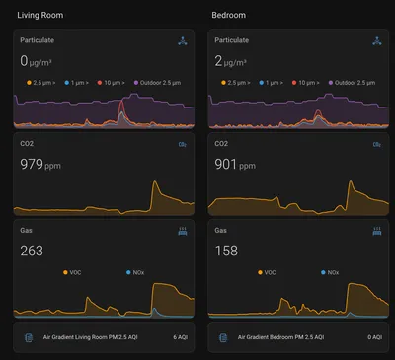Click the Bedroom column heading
pyautogui.click(x=229, y=15)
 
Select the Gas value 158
pyautogui.click(x=228, y=251)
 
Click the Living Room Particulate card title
pyautogui.click(x=38, y=40)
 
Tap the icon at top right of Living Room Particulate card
pyautogui.click(x=183, y=41)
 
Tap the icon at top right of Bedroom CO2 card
pyautogui.click(x=377, y=145)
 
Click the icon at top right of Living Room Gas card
pyautogui.click(x=183, y=231)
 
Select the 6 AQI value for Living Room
pyautogui.click(x=179, y=337)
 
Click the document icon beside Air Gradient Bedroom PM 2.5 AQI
pyautogui.click(x=223, y=337)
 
